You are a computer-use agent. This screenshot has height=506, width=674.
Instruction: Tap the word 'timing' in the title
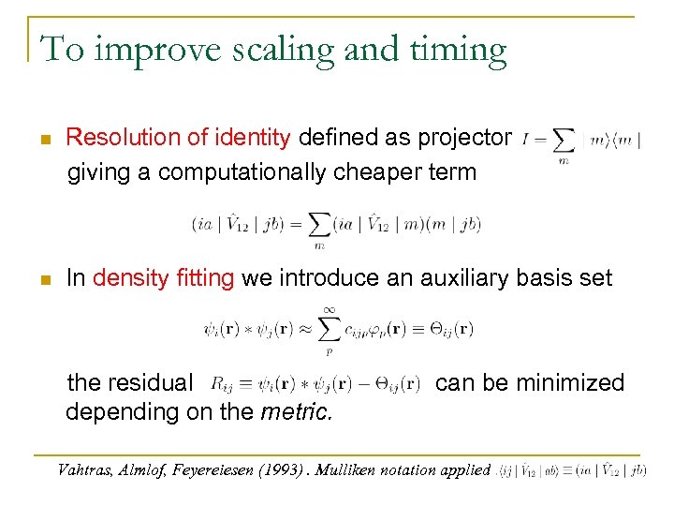coord(453,50)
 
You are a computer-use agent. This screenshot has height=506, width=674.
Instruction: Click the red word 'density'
coord(130,278)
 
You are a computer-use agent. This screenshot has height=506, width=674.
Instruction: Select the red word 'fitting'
coord(205,278)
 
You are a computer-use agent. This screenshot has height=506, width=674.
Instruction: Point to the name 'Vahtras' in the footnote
coord(86,470)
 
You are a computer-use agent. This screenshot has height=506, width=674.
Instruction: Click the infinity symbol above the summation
coord(329,308)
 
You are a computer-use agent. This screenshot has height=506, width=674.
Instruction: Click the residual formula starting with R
coord(316,383)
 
